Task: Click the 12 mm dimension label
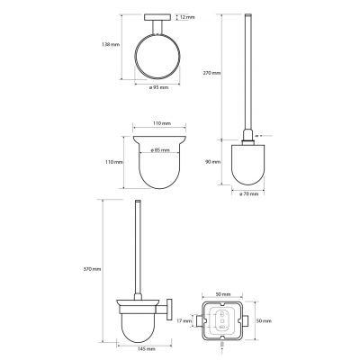(188, 17)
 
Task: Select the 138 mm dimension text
(111, 44)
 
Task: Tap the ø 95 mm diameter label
(158, 87)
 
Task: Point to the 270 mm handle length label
(212, 73)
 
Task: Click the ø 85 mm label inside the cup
(160, 150)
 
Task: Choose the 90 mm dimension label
(213, 162)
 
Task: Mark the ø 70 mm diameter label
(248, 194)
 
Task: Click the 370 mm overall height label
(93, 269)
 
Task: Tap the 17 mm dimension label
(184, 321)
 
